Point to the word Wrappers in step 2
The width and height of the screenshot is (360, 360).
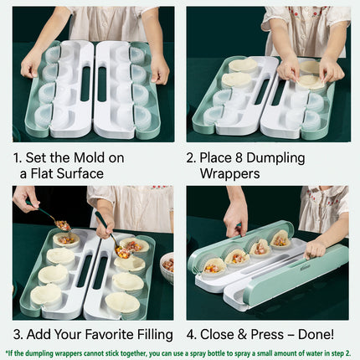click(230, 173)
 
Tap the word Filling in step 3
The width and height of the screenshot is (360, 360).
click(152, 335)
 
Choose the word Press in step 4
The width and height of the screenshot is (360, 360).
click(267, 335)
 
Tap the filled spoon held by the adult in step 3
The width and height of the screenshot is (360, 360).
click(61, 224)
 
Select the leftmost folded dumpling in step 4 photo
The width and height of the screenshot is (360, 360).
click(213, 265)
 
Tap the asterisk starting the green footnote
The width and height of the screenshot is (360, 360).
click(7, 352)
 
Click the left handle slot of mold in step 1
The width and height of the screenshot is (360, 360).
click(84, 84)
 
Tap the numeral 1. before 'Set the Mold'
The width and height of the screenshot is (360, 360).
click(18, 157)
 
